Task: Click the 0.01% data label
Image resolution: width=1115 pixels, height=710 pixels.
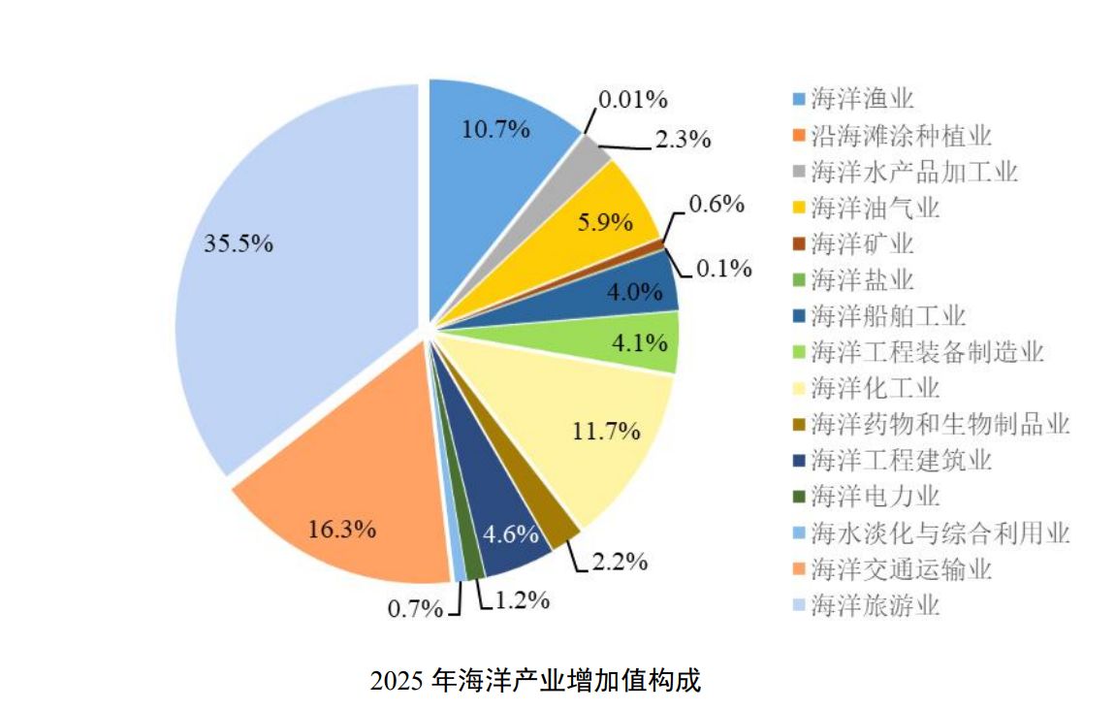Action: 633,98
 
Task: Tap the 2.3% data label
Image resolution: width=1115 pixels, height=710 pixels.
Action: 683,139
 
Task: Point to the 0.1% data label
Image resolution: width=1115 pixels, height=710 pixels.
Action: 724,269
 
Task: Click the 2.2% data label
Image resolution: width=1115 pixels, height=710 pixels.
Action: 619,562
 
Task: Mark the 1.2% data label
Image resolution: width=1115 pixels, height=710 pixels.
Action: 522,600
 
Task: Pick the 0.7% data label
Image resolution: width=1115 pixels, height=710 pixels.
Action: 415,609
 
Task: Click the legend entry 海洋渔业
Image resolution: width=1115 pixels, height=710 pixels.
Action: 862,99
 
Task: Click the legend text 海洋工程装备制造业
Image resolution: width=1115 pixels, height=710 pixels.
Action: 927,352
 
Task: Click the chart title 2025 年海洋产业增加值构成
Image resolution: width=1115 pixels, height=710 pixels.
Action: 534,679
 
